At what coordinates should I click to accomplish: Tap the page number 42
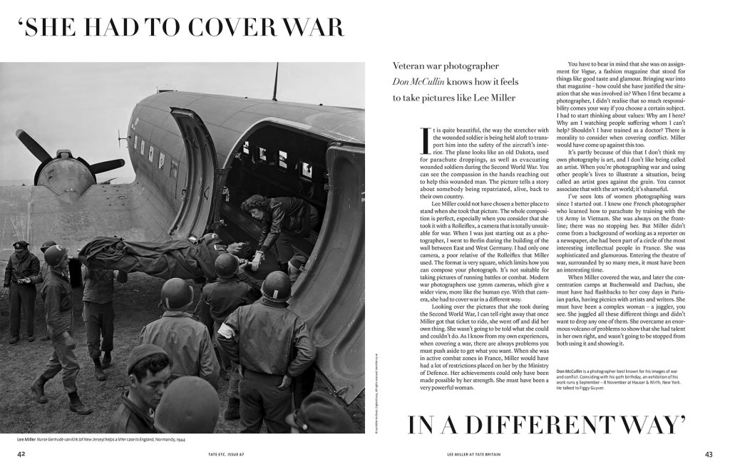tap(22, 454)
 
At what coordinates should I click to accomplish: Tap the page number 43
tap(708, 454)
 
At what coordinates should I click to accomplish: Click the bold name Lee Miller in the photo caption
tap(21, 440)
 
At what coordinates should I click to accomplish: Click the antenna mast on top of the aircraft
tap(275, 81)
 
